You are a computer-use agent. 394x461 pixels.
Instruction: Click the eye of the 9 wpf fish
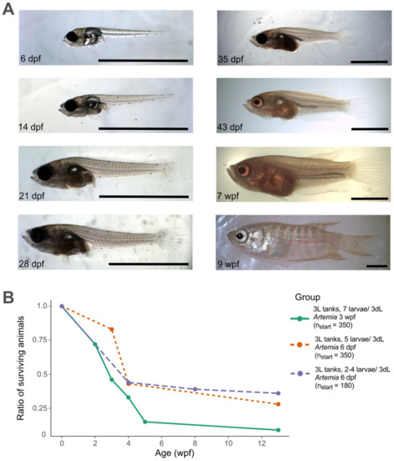[x=243, y=237]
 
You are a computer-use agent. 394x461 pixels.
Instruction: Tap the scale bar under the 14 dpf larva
[x=143, y=130]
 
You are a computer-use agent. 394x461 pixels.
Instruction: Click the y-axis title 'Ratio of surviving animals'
[x=13, y=370]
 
